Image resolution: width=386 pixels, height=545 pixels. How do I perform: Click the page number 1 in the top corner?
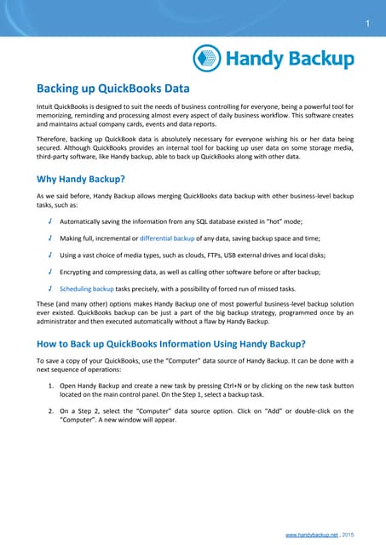366,23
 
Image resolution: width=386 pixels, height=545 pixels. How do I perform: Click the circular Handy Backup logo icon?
207,58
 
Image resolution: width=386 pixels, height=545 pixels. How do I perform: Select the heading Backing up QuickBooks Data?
112,89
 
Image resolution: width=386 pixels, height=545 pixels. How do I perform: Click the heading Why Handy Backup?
81,180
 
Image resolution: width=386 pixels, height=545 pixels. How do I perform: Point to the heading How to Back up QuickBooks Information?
170,344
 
